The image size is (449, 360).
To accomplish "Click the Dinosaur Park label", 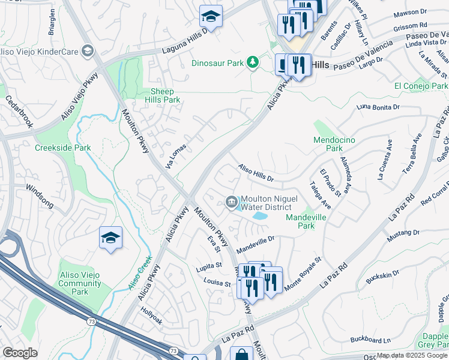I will click(x=218, y=62).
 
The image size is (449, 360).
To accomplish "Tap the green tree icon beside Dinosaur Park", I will click(x=254, y=62).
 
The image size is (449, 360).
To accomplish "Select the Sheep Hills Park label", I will click(x=162, y=95).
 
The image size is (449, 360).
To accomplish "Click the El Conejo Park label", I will click(x=420, y=86).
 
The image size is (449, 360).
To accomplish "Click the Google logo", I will click(x=20, y=353).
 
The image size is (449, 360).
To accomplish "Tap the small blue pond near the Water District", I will click(x=260, y=215).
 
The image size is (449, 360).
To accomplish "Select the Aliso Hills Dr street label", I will click(x=256, y=173).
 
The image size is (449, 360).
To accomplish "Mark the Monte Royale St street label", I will click(x=303, y=275).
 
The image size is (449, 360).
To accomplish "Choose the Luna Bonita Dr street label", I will click(x=378, y=107).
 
